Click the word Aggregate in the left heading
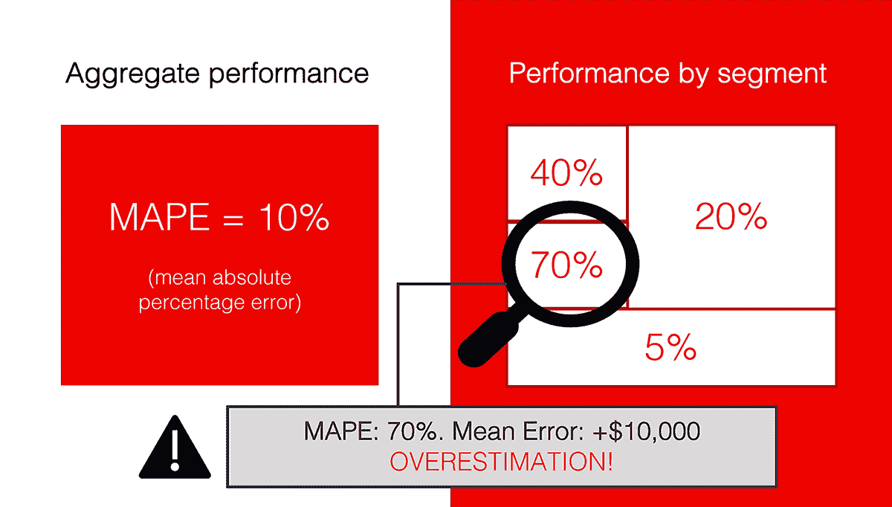pyautogui.click(x=132, y=74)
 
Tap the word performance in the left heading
pyautogui.click(x=289, y=74)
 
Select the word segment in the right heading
pyautogui.click(x=772, y=74)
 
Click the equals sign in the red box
pyautogui.click(x=233, y=219)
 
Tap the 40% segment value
pyautogui.click(x=566, y=173)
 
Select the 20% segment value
pyautogui.click(x=731, y=216)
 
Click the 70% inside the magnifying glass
pyautogui.click(x=566, y=265)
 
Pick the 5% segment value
pyautogui.click(x=670, y=347)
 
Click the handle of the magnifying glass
pyautogui.click(x=492, y=337)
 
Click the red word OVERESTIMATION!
pyautogui.click(x=501, y=462)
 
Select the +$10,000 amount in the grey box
pyautogui.click(x=646, y=431)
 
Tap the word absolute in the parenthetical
pyautogui.click(x=252, y=277)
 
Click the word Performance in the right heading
pyautogui.click(x=589, y=74)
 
